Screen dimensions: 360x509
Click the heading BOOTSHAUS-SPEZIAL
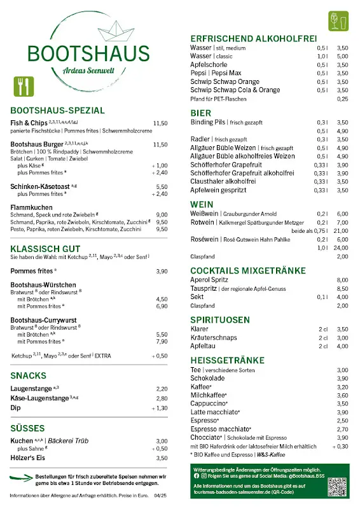click(x=58, y=110)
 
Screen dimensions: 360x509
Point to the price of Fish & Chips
click(x=160, y=123)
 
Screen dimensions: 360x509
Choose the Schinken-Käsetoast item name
click(x=40, y=186)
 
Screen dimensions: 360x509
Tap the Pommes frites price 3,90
click(x=162, y=270)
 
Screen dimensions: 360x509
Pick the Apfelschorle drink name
click(x=210, y=65)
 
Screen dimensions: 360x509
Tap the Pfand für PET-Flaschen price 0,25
click(x=343, y=99)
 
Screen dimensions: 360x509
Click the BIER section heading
click(x=201, y=113)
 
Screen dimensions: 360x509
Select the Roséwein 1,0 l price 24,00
click(x=342, y=248)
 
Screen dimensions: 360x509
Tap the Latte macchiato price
click(x=342, y=412)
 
